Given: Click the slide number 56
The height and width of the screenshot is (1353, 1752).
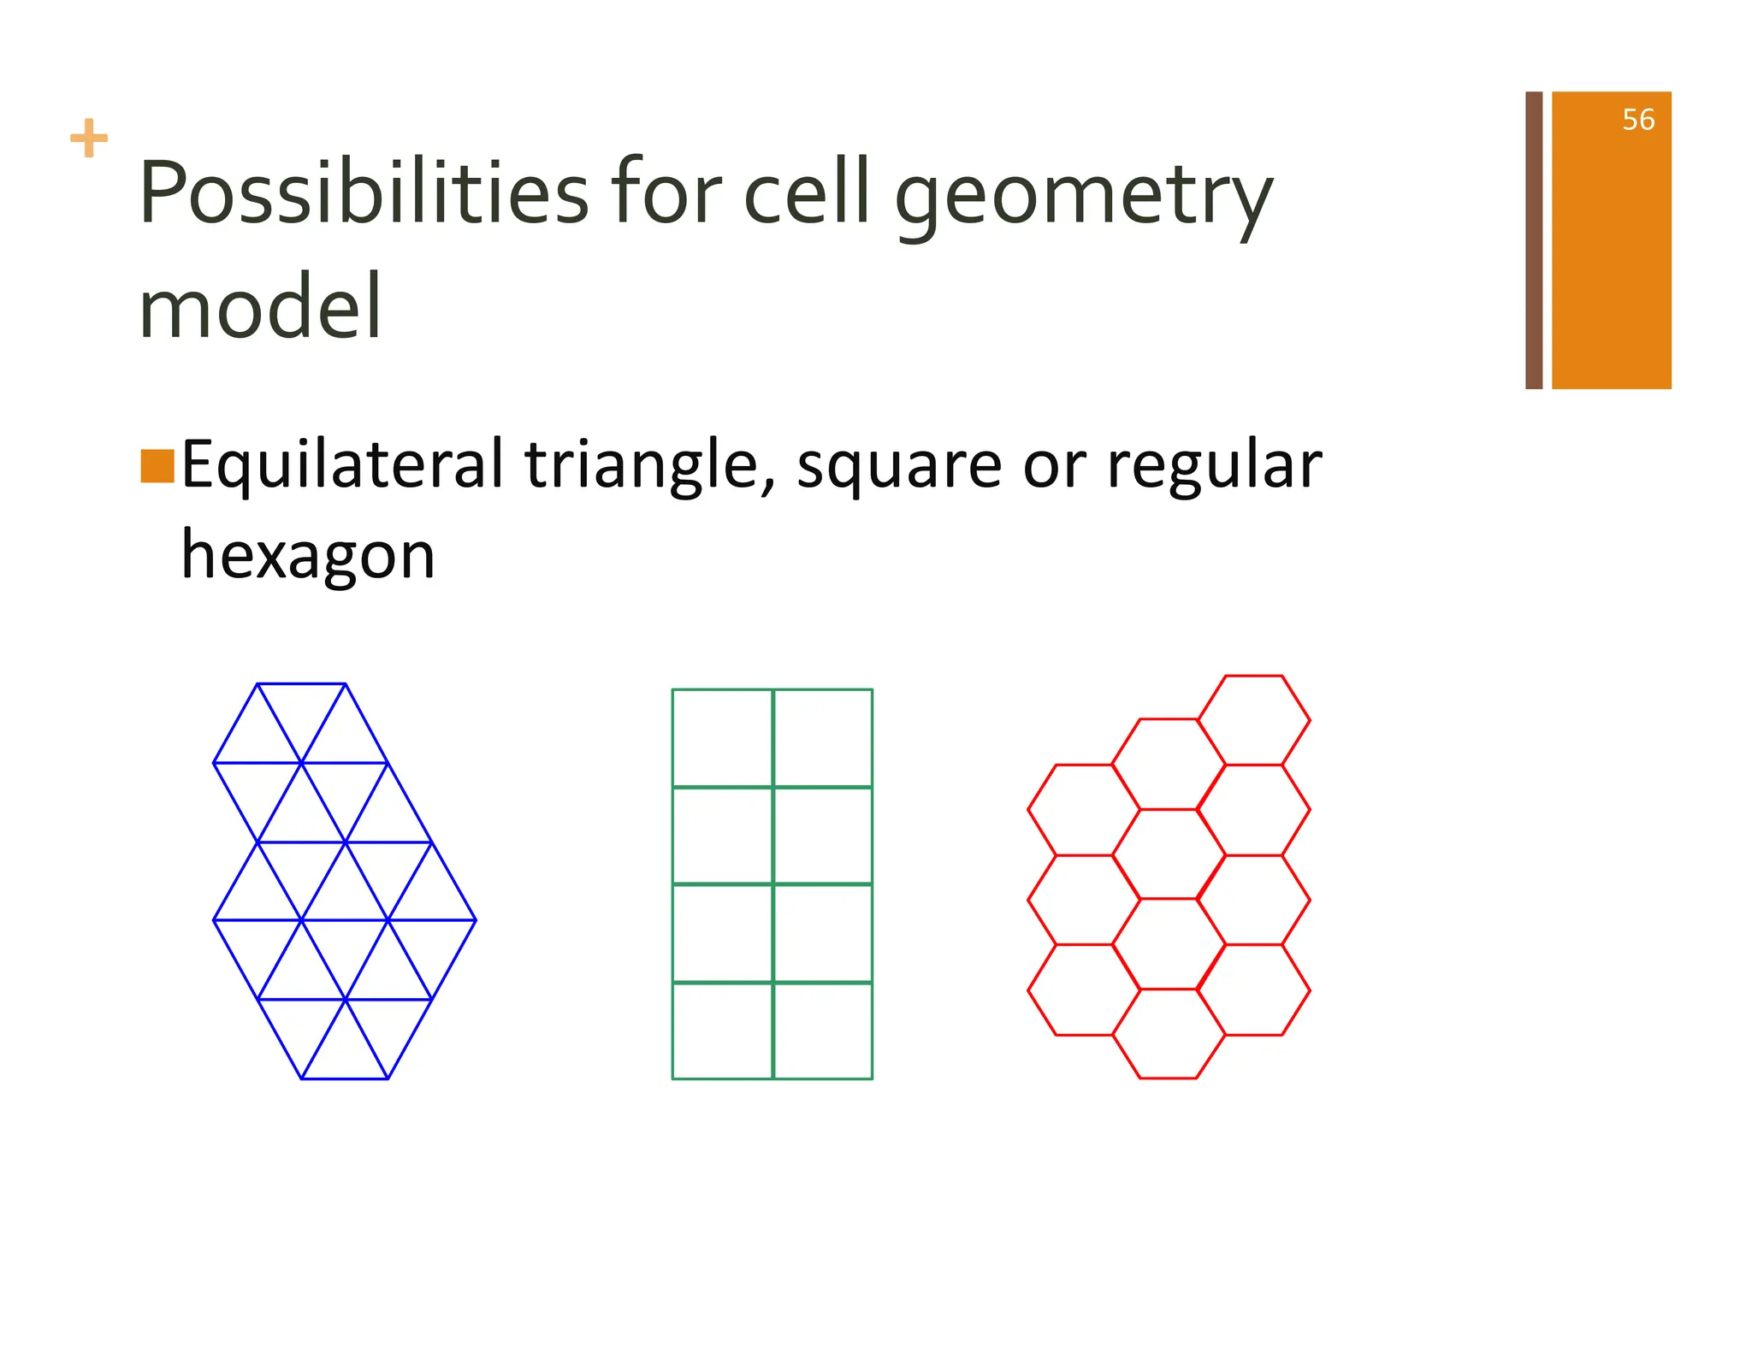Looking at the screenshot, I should point(1637,120).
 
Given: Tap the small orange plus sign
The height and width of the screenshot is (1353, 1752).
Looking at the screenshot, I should point(89,139).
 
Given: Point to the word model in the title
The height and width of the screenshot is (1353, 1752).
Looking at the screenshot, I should point(260,306).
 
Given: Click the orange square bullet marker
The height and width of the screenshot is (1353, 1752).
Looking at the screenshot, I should point(157,466).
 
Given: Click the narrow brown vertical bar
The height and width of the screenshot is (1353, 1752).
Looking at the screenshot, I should point(1534,240).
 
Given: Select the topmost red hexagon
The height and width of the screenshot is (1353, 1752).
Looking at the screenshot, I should point(1254,719).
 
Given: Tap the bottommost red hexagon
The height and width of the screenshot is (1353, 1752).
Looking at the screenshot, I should point(1169,1033).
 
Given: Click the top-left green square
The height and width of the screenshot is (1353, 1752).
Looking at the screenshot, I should point(722,737).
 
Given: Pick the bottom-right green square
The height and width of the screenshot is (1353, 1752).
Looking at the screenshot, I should point(823,1031).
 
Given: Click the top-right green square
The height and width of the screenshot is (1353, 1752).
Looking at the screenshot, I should point(823,737).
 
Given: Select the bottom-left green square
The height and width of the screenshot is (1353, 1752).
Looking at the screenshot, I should point(722,1031).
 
